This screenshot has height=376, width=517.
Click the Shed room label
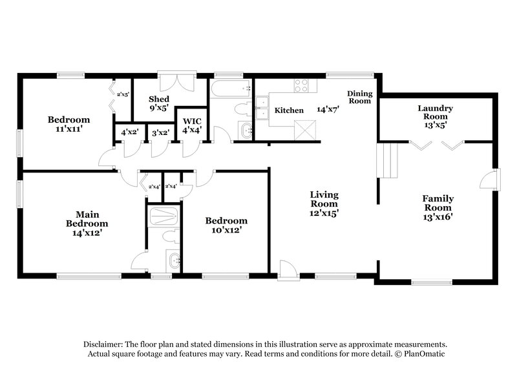(159, 103)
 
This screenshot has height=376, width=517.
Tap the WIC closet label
(193, 125)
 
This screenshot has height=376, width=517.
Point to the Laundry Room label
(434, 112)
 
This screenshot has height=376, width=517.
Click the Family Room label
(438, 207)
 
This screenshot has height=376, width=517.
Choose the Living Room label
(324, 203)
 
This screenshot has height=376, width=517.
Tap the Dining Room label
(360, 97)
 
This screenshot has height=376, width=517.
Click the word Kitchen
(289, 110)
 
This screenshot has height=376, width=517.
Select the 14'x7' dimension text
(328, 110)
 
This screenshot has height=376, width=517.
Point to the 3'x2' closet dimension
(160, 133)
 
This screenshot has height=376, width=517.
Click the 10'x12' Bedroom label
(226, 225)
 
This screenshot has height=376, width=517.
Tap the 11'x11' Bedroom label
(68, 124)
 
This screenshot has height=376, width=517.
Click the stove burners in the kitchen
(301, 84)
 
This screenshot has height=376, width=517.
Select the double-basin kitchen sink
(262, 108)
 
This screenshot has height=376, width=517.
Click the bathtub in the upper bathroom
(231, 88)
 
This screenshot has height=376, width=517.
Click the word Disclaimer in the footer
(105, 345)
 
